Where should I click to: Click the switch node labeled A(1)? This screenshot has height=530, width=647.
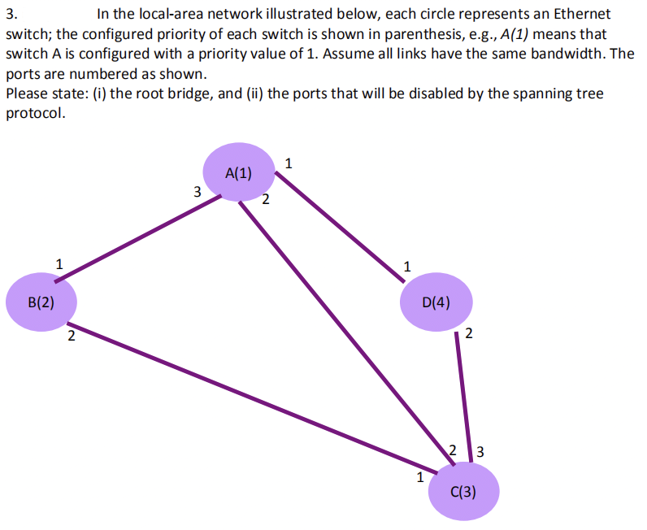[238, 172]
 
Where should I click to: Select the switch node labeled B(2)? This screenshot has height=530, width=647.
[41, 302]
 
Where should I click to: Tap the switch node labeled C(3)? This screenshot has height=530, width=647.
[463, 491]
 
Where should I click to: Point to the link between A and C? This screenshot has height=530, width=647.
[341, 325]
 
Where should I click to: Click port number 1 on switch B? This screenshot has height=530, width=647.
[58, 263]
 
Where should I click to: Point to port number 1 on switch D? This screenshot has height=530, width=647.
[407, 265]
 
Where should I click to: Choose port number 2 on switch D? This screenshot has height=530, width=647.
[469, 334]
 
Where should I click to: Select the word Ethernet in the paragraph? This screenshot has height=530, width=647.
[584, 14]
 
